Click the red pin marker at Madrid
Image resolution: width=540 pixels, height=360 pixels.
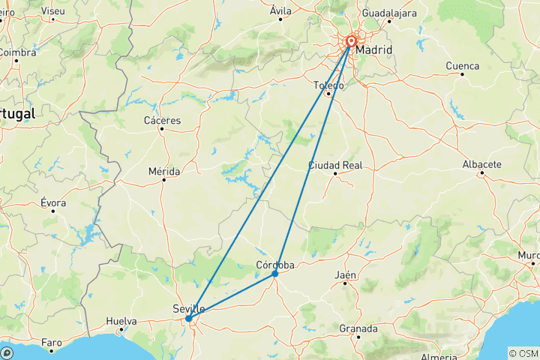point(351,43)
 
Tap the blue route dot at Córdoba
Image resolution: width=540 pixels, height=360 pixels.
point(275,274)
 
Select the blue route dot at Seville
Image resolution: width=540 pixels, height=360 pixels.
point(188,319)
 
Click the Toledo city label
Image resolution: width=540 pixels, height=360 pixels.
point(328,86)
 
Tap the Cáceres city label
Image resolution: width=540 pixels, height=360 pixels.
point(162,120)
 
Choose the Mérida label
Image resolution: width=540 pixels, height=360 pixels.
point(163,172)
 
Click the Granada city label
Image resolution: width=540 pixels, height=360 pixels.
point(358,328)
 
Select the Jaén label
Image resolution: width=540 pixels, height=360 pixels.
point(346,275)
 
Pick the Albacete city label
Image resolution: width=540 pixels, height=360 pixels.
point(481,164)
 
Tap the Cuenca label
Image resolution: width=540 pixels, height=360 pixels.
point(462,66)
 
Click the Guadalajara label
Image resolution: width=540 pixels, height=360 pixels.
point(388,13)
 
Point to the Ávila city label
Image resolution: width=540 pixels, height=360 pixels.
point(280,10)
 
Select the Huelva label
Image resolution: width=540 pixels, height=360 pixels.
point(121,321)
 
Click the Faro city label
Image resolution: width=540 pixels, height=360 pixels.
point(51,343)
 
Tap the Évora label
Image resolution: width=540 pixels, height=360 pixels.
point(53,202)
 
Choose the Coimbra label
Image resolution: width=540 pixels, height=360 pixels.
point(16,52)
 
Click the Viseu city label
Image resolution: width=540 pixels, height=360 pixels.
point(52,12)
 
